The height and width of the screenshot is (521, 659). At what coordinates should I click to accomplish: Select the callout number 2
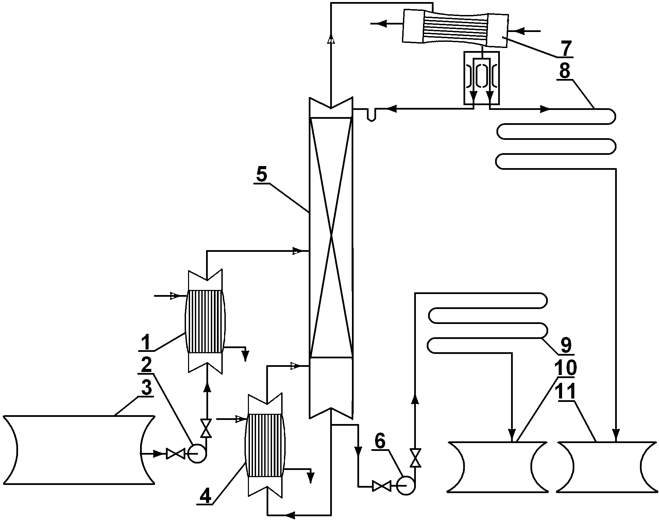[x=147, y=365]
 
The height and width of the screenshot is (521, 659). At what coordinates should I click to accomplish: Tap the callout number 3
[x=147, y=388]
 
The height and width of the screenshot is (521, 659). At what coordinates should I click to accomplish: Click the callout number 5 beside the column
[x=262, y=175]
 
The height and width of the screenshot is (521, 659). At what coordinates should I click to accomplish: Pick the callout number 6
[x=380, y=441]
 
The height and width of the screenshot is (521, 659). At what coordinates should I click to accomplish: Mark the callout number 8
[x=564, y=71]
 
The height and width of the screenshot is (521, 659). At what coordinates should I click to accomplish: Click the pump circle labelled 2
[x=197, y=454]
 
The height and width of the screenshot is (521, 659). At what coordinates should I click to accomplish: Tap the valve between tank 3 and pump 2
[x=175, y=454]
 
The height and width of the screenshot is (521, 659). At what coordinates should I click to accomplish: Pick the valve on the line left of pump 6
[x=382, y=486]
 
